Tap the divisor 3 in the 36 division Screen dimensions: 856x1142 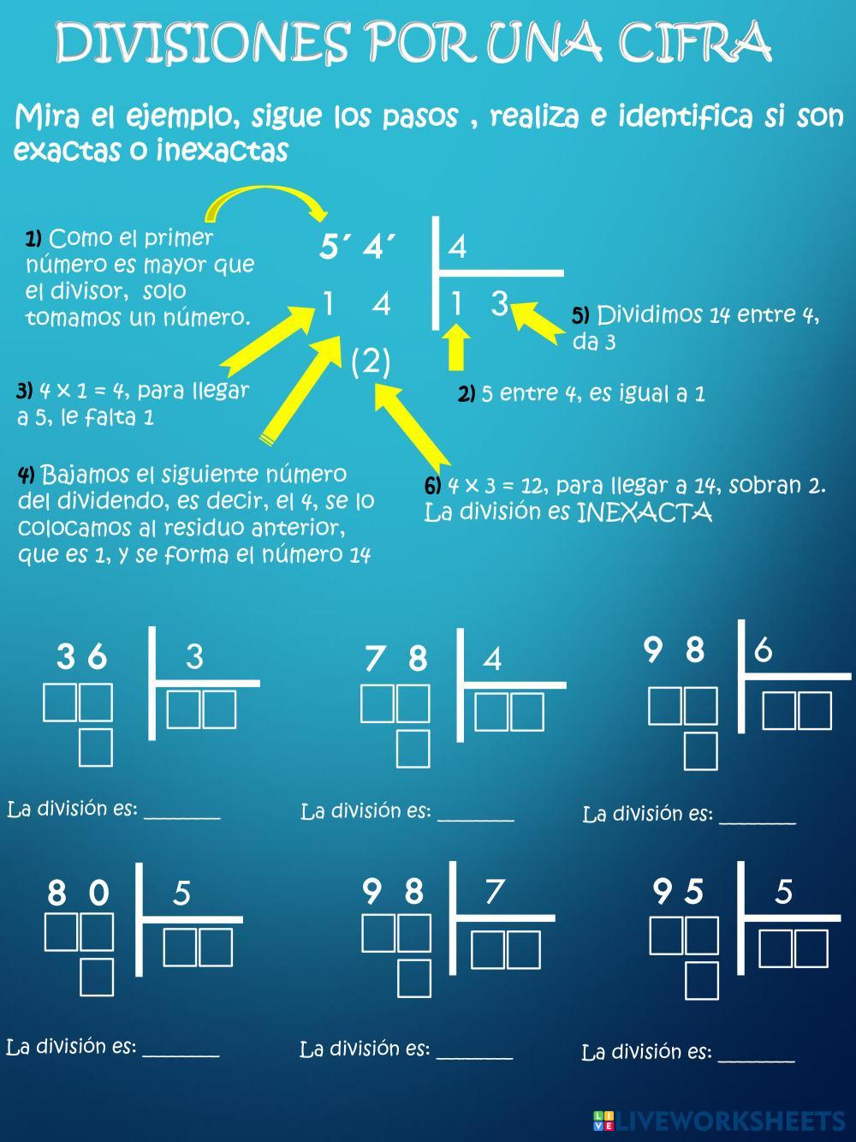pyautogui.click(x=194, y=656)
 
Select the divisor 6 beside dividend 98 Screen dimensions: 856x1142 pyautogui.click(x=763, y=650)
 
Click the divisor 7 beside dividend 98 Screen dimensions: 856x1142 pyautogui.click(x=494, y=892)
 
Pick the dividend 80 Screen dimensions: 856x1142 pyautogui.click(x=78, y=894)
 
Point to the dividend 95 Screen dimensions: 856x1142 pyautogui.click(x=678, y=892)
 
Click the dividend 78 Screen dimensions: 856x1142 pyautogui.click(x=395, y=658)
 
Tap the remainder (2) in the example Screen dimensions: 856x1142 pyautogui.click(x=371, y=362)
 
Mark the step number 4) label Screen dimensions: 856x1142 pyautogui.click(x=26, y=475)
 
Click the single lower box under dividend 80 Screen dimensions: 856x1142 pyautogui.click(x=97, y=977)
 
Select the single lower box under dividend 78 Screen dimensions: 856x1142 pyautogui.click(x=413, y=747)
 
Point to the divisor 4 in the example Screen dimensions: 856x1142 pyautogui.click(x=457, y=248)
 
